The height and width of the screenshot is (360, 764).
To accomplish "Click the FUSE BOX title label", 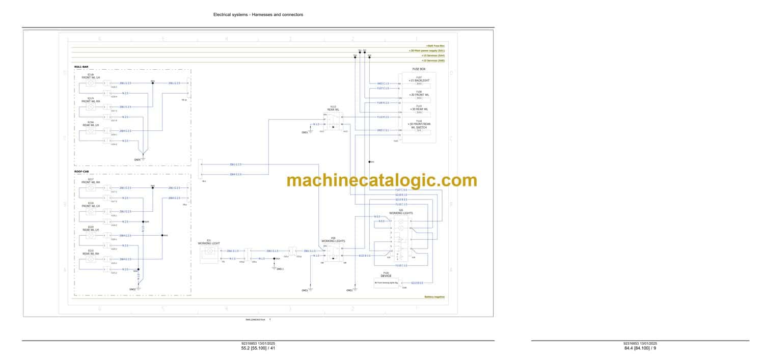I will point(419,69).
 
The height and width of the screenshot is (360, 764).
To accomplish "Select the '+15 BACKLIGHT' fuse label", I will point(419,80).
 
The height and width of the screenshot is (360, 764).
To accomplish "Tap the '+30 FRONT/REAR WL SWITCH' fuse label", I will point(419,125).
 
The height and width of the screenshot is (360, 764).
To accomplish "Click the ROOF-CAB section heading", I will point(81,172).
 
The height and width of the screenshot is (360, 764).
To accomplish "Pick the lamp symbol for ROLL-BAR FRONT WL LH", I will point(91,83).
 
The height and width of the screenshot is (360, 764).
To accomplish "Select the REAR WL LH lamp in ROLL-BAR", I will point(91,131).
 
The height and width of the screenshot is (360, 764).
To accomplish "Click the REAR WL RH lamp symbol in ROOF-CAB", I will point(91,259).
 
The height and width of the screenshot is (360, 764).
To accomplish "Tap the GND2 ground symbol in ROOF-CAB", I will point(139,288).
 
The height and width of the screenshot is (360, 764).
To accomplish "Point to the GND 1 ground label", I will point(280,268).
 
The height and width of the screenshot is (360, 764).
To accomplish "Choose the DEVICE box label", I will point(386,275).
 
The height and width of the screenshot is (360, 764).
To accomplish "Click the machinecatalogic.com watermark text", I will point(382,180).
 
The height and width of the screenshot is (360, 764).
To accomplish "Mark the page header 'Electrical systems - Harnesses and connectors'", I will point(258,15).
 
